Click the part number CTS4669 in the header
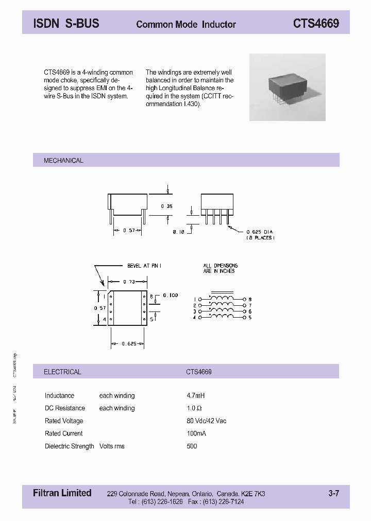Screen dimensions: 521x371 click(x=316, y=24)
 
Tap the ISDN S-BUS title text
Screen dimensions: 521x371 click(x=66, y=23)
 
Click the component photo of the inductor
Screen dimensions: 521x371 click(x=288, y=88)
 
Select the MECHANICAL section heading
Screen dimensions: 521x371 click(x=63, y=161)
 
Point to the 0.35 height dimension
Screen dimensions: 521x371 click(x=167, y=206)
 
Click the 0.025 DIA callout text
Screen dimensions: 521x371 click(x=259, y=232)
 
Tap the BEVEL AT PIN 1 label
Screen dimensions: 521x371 click(x=144, y=266)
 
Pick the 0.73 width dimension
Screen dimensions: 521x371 click(x=129, y=282)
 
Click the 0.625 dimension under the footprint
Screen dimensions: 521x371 click(x=128, y=343)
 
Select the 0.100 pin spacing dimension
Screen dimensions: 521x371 click(x=170, y=295)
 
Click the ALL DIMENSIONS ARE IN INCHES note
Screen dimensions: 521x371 click(x=220, y=268)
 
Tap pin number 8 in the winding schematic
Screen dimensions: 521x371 click(x=250, y=299)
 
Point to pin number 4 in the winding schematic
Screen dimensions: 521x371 click(x=194, y=318)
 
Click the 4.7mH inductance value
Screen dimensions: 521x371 click(x=196, y=396)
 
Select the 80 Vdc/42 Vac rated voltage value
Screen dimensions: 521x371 click(x=206, y=421)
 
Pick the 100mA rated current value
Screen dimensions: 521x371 click(x=196, y=433)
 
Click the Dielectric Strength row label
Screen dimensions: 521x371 click(x=69, y=446)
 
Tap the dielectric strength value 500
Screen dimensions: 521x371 click(x=192, y=446)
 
